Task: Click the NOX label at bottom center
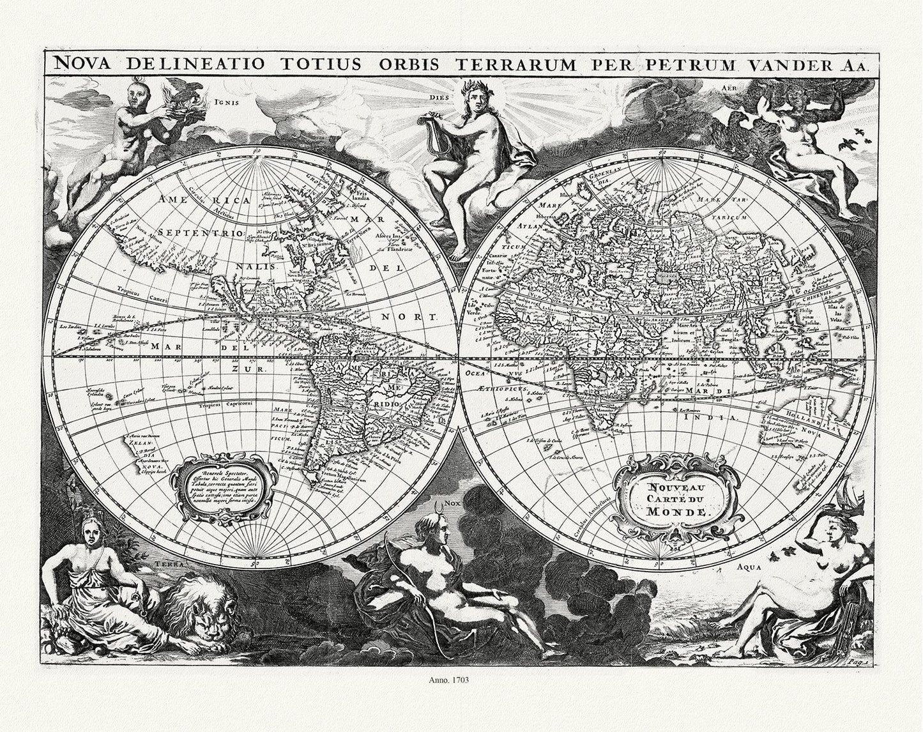pyautogui.click(x=452, y=503)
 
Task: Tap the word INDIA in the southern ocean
pyautogui.click(x=719, y=416)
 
